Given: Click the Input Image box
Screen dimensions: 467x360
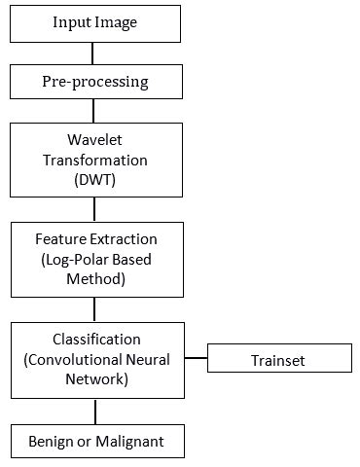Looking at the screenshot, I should coord(94,22).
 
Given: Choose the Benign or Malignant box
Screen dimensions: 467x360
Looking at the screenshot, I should coord(94,442).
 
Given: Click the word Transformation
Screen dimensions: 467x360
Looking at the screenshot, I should coord(94,158).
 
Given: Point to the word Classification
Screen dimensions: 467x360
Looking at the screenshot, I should coord(94,340).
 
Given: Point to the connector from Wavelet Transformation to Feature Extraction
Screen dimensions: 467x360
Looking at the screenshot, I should coord(94,208).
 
